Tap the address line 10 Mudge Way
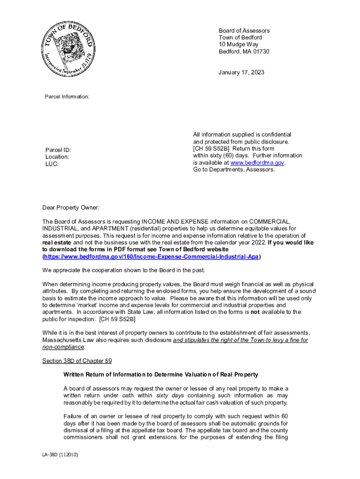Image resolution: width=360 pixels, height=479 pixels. (238, 44)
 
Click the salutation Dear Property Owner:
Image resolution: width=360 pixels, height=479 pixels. (71, 208)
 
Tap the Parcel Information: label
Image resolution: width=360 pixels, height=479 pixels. (67, 96)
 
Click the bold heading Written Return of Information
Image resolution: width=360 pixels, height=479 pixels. (160, 375)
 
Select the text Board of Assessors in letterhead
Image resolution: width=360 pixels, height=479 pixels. (244, 31)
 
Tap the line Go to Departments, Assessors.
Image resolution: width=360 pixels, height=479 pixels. (234, 170)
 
